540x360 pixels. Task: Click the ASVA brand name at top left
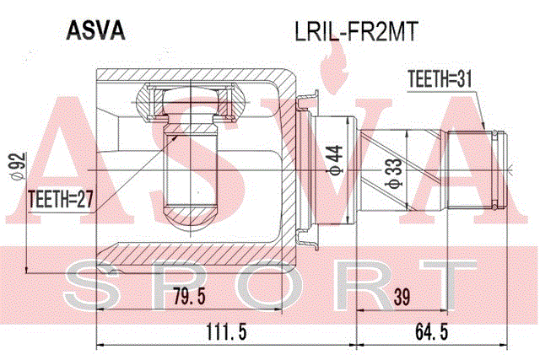tap(95, 30)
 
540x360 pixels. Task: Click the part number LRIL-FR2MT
tap(356, 32)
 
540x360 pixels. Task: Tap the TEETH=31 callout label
tap(440, 78)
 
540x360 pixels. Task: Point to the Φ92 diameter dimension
tap(18, 166)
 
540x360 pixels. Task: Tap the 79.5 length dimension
tap(189, 296)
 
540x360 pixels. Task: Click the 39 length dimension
tap(402, 297)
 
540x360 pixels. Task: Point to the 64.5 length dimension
tap(431, 332)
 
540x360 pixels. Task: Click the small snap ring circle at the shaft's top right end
tap(495, 133)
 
